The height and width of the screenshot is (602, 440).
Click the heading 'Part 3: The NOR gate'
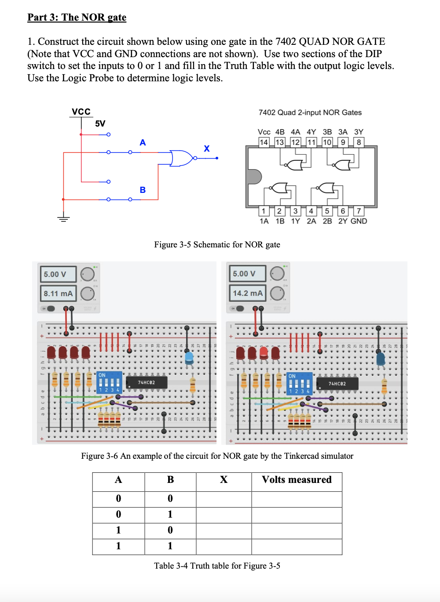(77, 17)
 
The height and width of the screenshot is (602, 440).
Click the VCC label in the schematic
(81, 112)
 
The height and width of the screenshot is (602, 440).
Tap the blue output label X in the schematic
(206, 149)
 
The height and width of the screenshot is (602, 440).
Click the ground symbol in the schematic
(63, 218)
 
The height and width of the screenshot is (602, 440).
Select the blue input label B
(143, 190)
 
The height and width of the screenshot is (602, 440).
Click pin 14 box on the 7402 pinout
(264, 142)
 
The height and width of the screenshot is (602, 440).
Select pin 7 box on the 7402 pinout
(359, 211)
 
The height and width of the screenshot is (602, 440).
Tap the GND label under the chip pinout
(359, 221)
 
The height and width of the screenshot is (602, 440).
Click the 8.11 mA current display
(58, 294)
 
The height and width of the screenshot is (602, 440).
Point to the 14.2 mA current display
(247, 293)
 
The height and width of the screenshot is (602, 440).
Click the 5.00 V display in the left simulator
(58, 274)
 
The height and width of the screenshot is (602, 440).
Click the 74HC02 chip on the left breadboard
(146, 382)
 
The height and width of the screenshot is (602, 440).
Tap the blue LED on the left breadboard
(189, 357)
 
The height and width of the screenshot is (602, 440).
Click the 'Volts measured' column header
(297, 480)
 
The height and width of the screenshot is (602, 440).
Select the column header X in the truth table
(224, 480)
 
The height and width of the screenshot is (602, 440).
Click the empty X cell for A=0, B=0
(224, 499)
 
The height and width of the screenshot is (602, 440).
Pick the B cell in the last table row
(170, 546)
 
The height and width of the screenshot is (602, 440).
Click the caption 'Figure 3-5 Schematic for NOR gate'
(217, 245)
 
